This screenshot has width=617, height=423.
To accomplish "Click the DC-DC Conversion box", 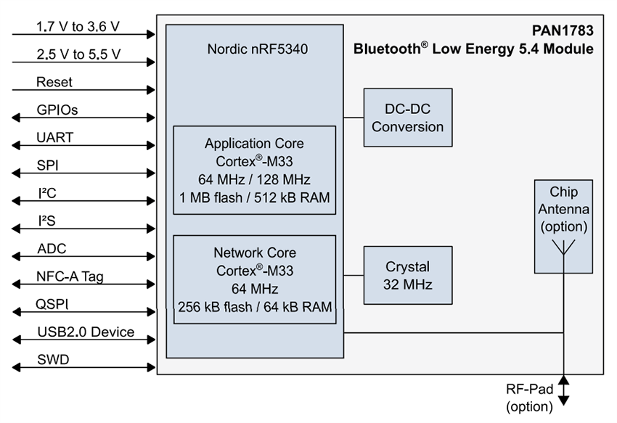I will point(407,118).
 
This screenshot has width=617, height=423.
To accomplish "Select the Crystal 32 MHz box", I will point(407,276).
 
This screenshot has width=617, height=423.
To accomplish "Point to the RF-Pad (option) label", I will point(529,398).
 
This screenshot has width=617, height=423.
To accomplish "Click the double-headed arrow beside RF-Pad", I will point(564,390).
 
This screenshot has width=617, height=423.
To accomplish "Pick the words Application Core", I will point(254,143).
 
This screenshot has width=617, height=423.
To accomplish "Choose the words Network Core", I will point(254,253).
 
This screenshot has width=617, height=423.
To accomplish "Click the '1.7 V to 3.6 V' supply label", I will point(78,27).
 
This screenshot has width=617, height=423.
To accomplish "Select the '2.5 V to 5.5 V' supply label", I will point(78,54).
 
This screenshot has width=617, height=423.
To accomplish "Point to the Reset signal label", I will point(54,82).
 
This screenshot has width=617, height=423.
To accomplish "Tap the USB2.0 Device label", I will point(86,332).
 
